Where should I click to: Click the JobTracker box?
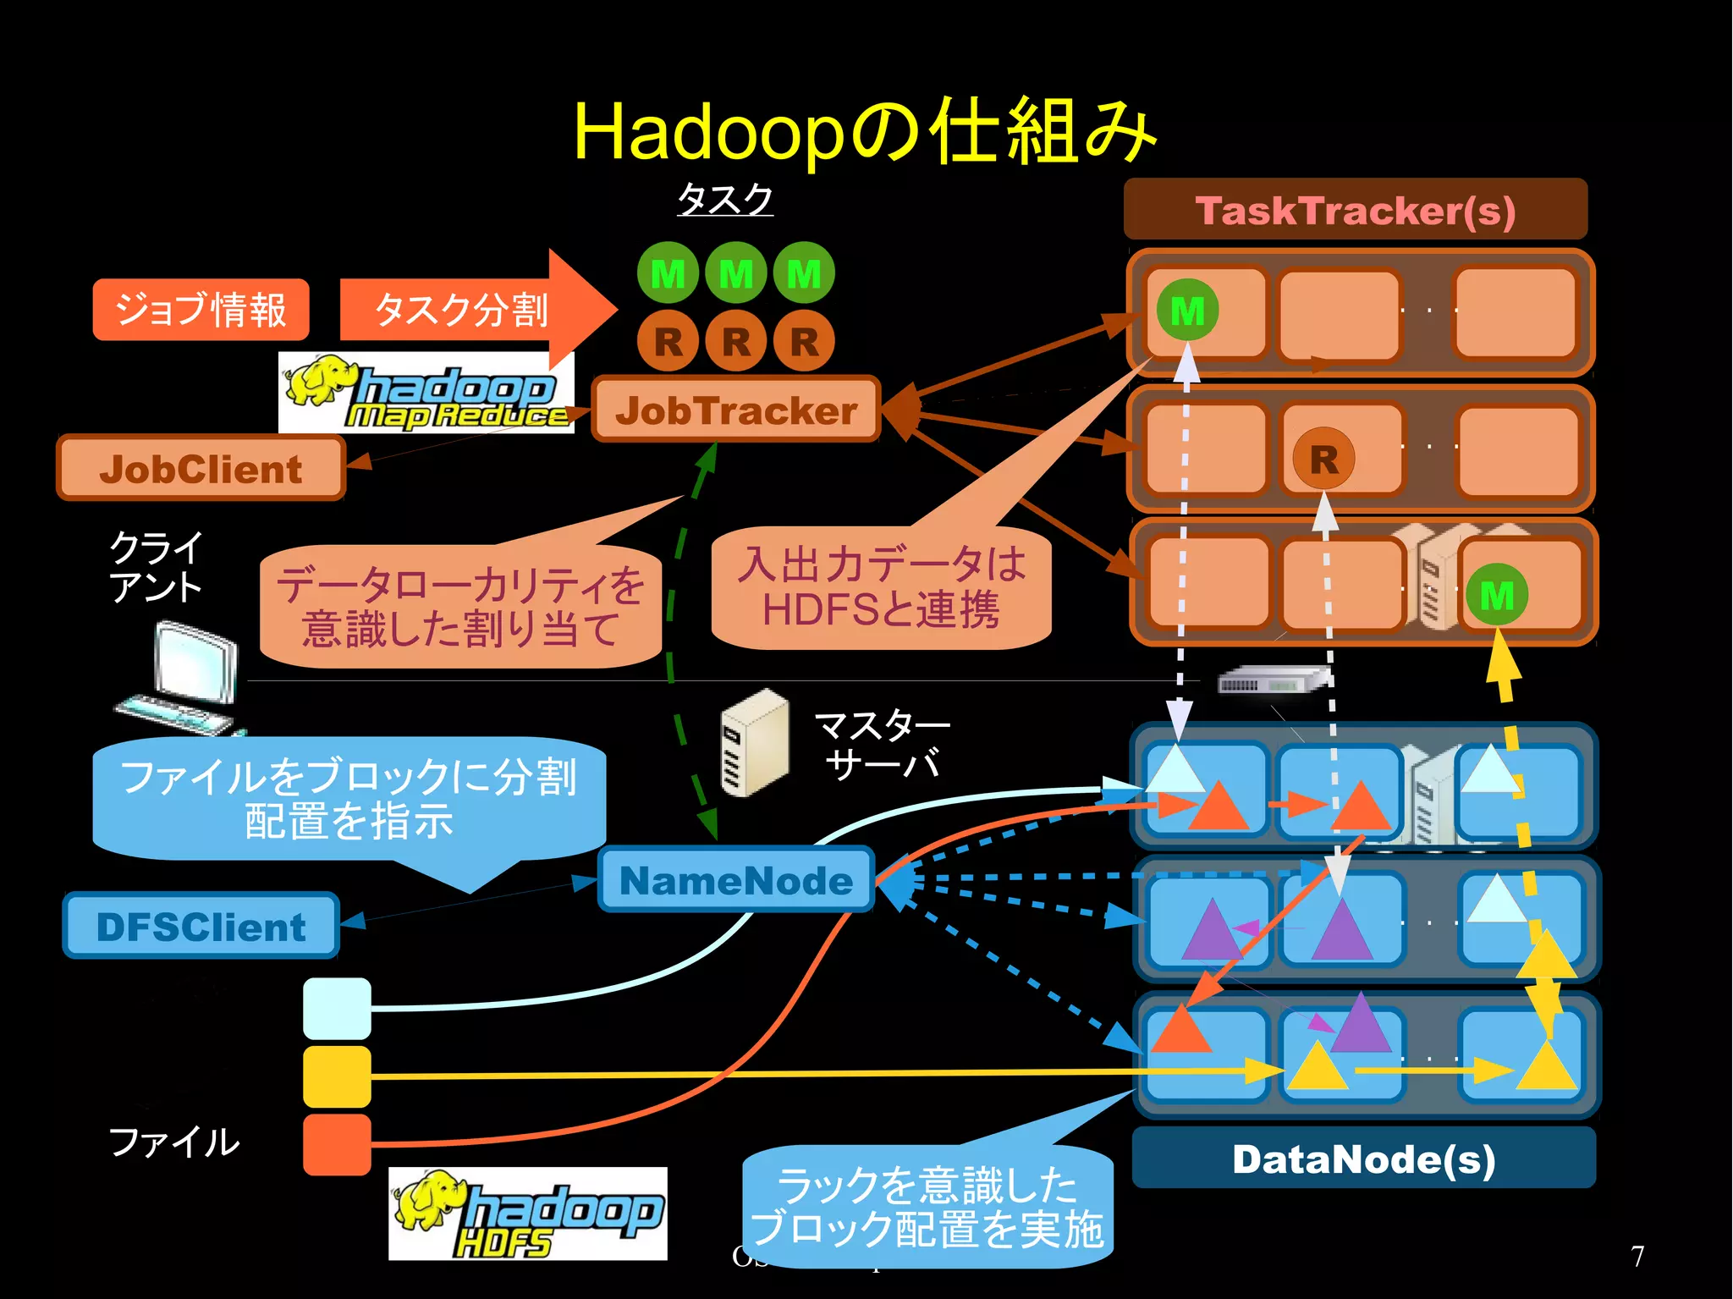[735, 410]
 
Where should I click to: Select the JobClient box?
[201, 469]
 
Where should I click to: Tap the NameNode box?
[735, 880]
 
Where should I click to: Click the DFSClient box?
[201, 927]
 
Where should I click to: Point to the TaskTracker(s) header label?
[1355, 210]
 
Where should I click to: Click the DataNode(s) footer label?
[1363, 1159]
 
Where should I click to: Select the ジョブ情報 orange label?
[201, 310]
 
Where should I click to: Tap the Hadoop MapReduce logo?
[426, 393]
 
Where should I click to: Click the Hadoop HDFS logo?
[527, 1214]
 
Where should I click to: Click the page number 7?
[1637, 1257]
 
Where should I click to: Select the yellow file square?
[337, 1076]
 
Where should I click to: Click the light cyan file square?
[337, 1008]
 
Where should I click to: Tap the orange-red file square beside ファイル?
[337, 1144]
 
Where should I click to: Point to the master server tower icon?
[754, 743]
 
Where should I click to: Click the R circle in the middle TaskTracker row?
[1323, 460]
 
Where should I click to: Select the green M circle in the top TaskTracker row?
[1187, 311]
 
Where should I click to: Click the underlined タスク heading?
[725, 200]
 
